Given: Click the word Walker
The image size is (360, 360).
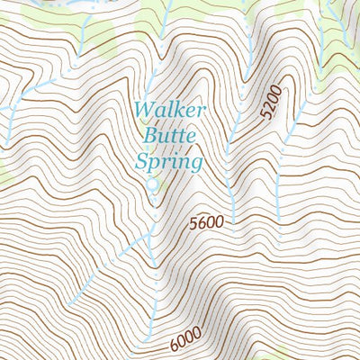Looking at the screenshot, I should [170, 112].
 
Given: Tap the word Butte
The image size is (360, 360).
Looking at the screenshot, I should [168, 138].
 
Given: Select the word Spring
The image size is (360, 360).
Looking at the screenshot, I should [168, 163].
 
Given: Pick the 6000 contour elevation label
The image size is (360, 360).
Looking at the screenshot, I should [184, 343].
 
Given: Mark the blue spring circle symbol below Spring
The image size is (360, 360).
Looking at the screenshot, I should [152, 184].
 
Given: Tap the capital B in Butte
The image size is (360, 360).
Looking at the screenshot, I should [149, 138].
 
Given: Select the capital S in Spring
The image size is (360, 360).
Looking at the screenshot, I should [141, 163].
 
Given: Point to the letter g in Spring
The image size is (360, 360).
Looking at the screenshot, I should [194, 165].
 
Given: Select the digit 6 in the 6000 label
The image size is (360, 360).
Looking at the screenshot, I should [172, 346].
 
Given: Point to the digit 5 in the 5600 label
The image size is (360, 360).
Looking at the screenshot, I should [193, 222].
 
